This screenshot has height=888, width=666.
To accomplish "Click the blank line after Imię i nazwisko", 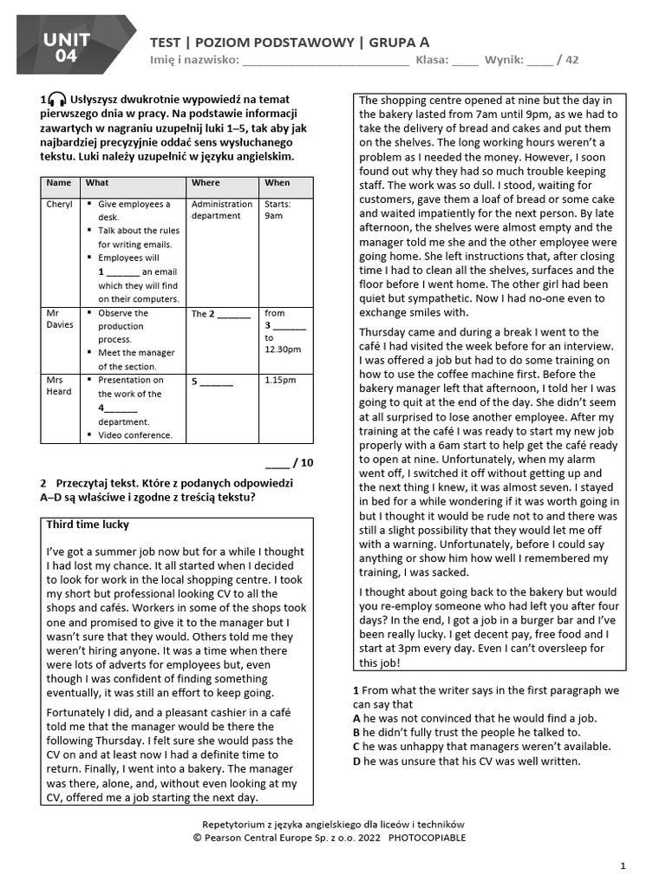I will click(324, 61).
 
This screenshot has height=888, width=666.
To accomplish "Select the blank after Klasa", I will click(464, 61).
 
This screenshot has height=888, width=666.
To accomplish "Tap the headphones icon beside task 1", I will click(58, 100).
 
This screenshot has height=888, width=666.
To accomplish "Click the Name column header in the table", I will click(59, 183).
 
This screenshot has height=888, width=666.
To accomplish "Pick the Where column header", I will click(206, 183).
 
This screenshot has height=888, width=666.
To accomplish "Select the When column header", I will click(277, 183).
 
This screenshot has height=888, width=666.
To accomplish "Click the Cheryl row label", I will click(60, 205).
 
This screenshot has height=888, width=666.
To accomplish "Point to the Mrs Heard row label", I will click(59, 386).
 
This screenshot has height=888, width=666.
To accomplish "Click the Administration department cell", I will click(222, 210).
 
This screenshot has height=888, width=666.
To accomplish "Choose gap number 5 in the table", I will click(212, 381).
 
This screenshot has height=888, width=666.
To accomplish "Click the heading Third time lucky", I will click(88, 525).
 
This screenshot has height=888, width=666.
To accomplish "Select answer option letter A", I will click(356, 719).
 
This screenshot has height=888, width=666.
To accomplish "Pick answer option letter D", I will click(356, 761).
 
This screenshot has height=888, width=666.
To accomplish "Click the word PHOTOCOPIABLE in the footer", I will click(427, 838).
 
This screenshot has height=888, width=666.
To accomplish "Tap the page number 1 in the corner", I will click(623, 865).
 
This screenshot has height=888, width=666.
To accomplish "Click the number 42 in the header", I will click(571, 60).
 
